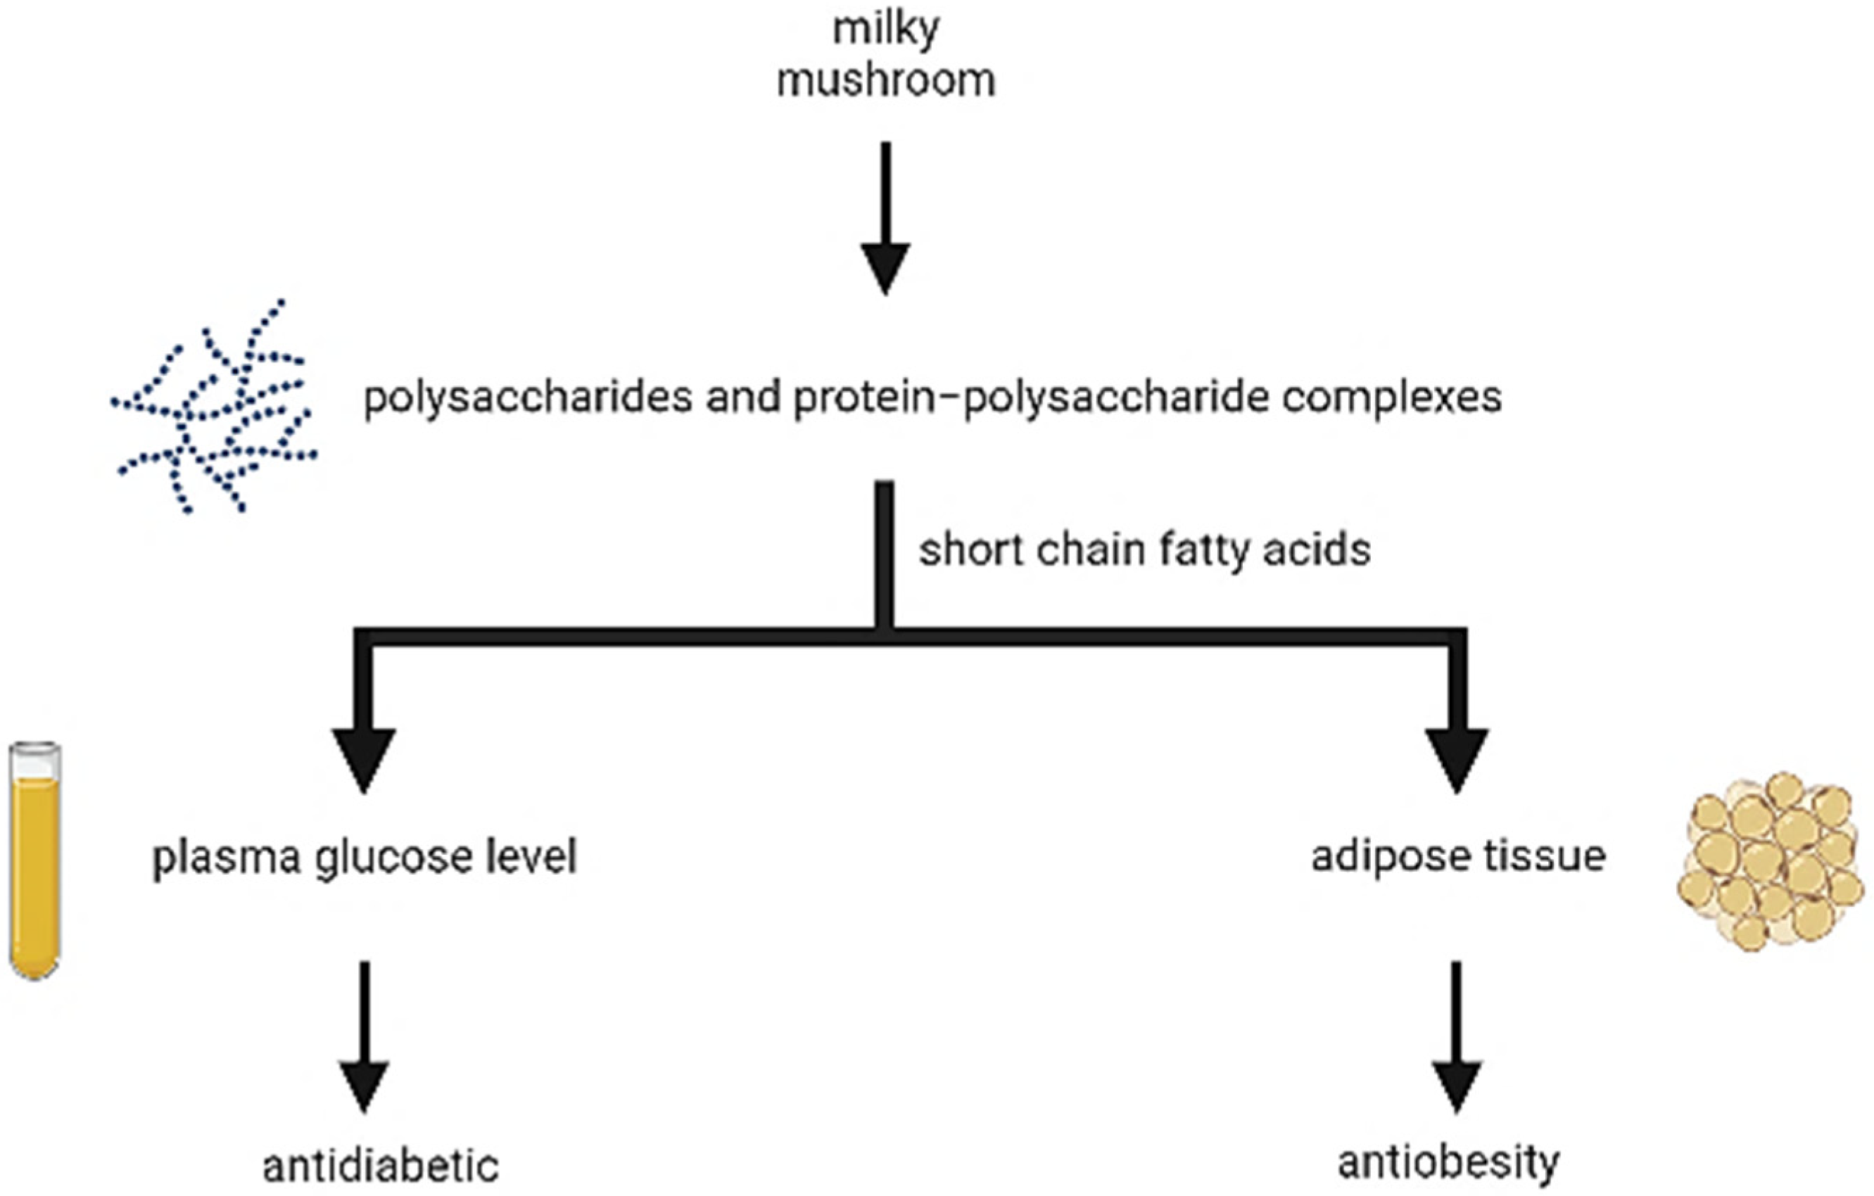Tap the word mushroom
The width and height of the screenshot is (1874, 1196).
[886, 81]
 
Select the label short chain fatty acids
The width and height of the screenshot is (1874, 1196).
[1144, 550]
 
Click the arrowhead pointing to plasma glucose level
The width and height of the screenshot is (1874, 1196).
[365, 758]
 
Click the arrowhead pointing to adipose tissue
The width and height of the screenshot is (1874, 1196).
[1456, 758]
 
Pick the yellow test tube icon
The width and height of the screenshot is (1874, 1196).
[35, 860]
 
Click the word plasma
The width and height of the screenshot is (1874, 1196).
[227, 858]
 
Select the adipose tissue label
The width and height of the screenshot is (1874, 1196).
[1457, 856]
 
